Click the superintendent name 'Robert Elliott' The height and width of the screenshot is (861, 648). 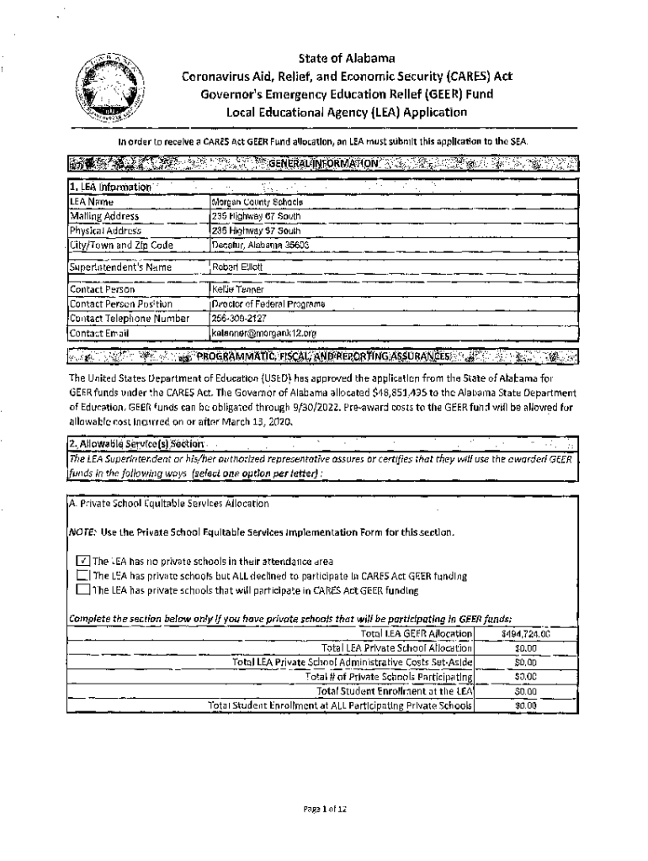click(x=238, y=267)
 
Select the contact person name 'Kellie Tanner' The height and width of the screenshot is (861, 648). click(x=238, y=289)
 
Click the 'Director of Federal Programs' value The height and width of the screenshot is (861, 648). click(x=268, y=304)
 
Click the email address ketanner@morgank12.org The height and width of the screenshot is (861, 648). click(x=264, y=333)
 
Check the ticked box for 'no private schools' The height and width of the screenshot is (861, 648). click(x=82, y=561)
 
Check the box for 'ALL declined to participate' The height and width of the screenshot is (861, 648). click(x=82, y=576)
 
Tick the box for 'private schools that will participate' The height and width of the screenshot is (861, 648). click(x=82, y=590)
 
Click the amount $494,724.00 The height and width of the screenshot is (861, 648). click(x=525, y=633)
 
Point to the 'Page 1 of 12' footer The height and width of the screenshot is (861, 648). click(x=325, y=808)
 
